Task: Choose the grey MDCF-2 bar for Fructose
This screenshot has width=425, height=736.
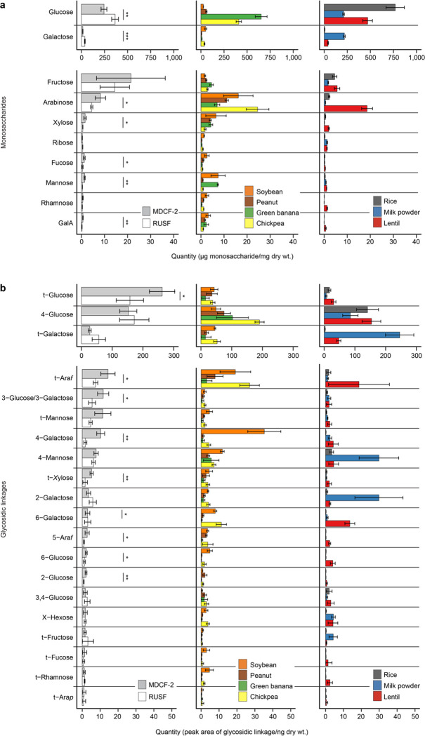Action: click(106, 77)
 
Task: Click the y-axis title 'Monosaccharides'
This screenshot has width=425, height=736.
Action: click(6, 116)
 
